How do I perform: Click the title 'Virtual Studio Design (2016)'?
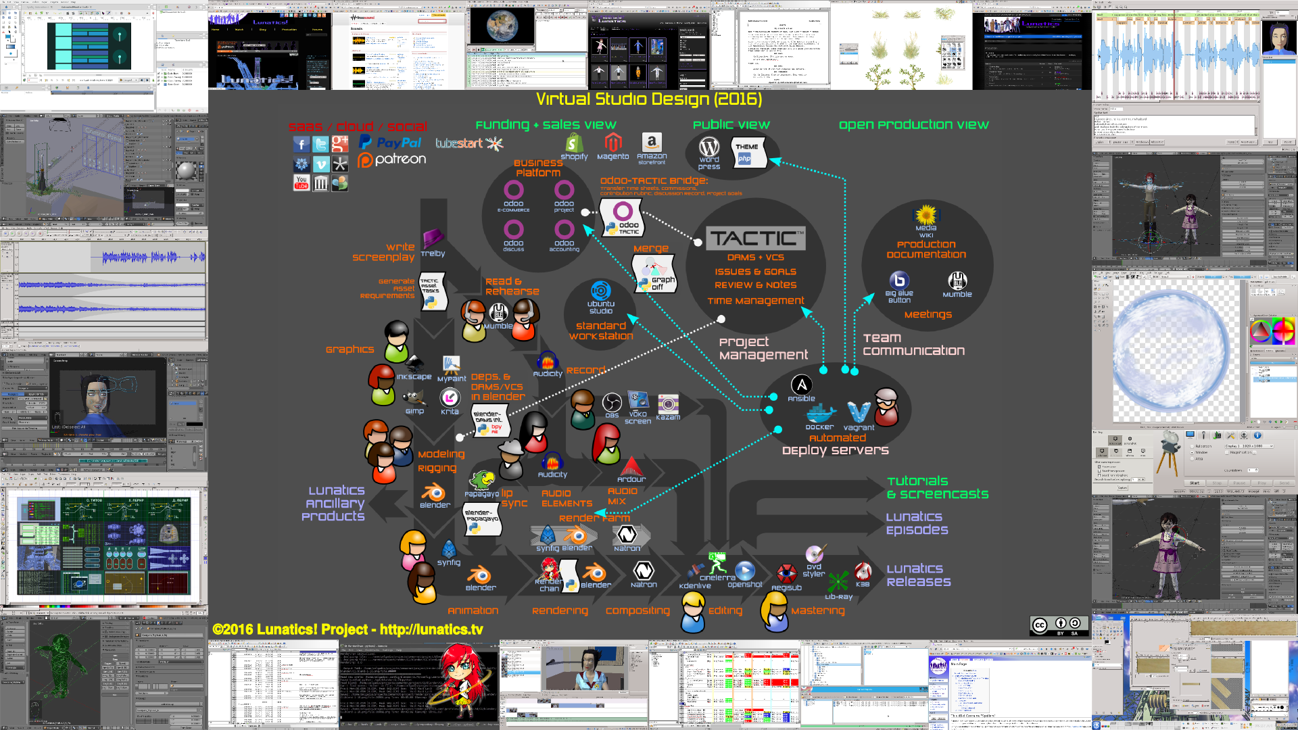coord(649,99)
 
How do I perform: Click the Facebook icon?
coord(302,144)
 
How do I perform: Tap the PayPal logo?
coord(391,142)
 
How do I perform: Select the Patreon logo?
coord(392,160)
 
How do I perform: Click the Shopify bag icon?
coord(574,143)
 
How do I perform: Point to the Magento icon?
coord(612,142)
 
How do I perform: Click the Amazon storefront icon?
coord(651,142)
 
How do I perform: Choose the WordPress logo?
coord(709,147)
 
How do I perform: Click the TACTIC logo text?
coord(756,239)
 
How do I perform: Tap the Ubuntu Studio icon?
coord(600,291)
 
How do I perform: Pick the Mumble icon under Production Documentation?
coord(957,281)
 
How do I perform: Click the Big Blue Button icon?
coord(899,280)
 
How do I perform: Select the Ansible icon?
coord(801,385)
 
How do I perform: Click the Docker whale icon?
coord(820,413)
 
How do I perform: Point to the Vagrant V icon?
coord(859,412)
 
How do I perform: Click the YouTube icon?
coord(302,182)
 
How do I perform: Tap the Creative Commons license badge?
coord(1059,625)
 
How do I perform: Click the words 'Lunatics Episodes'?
coord(917,523)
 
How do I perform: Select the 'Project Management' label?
coord(763,348)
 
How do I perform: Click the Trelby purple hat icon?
coord(433,238)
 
